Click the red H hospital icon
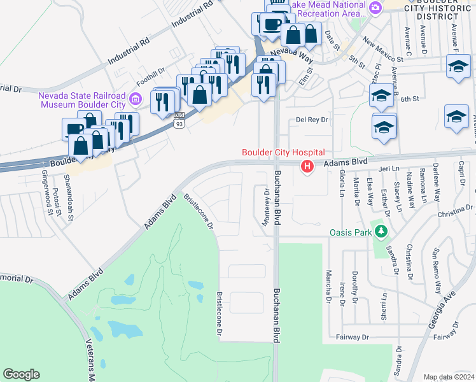(x=307, y=167)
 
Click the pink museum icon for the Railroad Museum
(x=135, y=99)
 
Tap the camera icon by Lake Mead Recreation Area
(x=375, y=8)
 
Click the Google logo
(x=22, y=374)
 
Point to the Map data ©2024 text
(x=449, y=377)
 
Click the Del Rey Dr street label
(x=312, y=120)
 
